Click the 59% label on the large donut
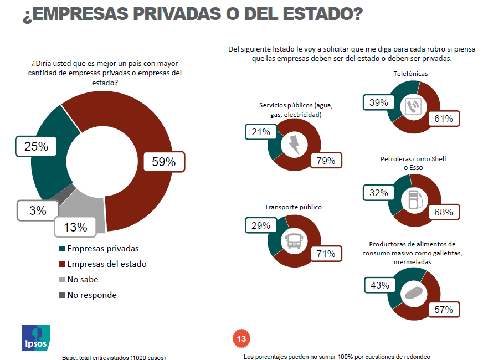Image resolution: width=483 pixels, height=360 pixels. (x=163, y=162)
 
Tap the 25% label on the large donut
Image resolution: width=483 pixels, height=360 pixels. (x=36, y=147)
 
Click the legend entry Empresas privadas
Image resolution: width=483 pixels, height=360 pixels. (x=102, y=249)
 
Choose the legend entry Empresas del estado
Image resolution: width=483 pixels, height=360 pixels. (x=106, y=264)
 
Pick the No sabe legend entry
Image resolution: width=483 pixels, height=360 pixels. (x=83, y=280)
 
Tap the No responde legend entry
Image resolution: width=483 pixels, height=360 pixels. (x=91, y=295)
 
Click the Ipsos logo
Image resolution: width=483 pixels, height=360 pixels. (x=36, y=337)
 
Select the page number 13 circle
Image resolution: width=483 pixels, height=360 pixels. (x=241, y=338)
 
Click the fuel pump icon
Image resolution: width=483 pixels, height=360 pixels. (x=413, y=200)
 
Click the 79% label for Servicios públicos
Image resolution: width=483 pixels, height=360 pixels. (x=326, y=161)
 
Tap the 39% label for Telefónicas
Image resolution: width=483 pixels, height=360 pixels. (x=378, y=103)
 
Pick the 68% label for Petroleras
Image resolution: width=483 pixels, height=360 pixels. (x=444, y=212)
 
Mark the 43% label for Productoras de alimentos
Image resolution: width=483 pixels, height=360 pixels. (x=380, y=285)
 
